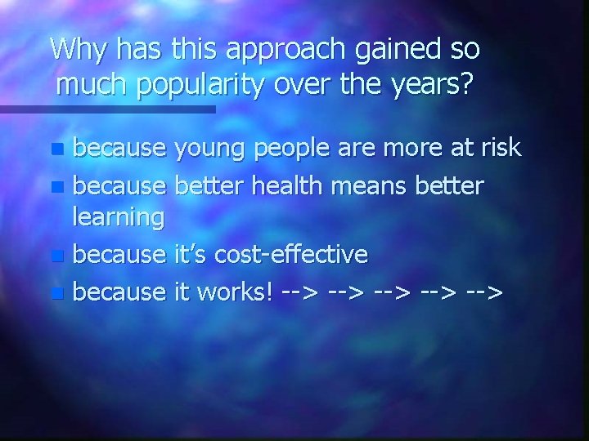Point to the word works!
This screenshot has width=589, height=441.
point(233,291)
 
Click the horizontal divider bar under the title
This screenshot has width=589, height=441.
point(106,109)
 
